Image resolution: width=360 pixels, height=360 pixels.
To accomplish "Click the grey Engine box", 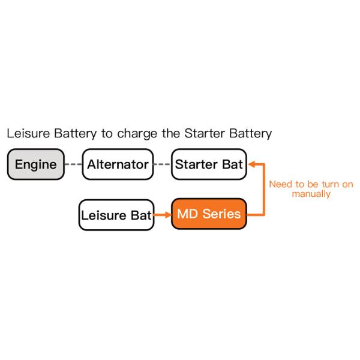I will tap(35, 164).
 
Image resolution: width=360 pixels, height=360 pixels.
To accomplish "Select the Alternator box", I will tap(117, 164).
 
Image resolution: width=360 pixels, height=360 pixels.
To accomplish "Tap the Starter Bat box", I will tap(209, 164).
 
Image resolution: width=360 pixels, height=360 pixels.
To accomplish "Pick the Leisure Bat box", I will tap(116, 214).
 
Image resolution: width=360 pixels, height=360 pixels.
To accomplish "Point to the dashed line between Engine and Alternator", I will tap(73, 164).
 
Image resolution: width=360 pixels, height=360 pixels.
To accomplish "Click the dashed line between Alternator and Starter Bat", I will tap(161, 164).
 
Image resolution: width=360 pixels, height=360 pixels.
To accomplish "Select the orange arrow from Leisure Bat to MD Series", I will tap(161, 214).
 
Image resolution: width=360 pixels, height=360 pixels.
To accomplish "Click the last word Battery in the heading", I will tap(251, 133).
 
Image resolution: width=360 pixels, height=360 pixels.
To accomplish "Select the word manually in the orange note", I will tap(311, 194).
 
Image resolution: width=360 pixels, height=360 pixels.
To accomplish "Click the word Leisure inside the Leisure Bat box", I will tap(103, 214).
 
